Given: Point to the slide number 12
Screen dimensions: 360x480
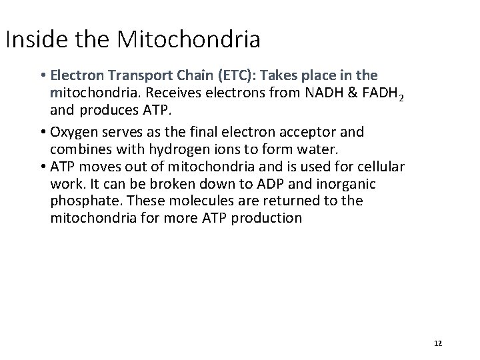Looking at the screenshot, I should tap(438, 343).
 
